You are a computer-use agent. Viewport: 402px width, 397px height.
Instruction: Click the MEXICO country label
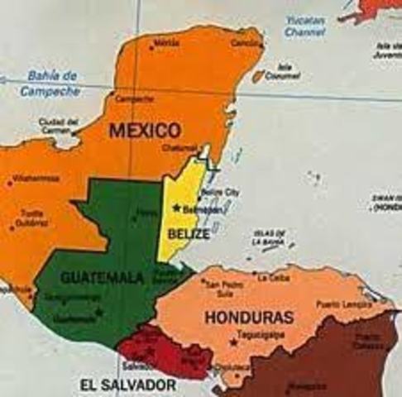144,131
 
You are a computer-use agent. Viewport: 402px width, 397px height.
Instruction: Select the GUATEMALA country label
102,278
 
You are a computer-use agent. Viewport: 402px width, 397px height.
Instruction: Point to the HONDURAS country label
261,317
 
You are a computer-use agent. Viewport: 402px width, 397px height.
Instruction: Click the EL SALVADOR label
127,385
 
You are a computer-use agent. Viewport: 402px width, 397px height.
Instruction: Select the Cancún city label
246,42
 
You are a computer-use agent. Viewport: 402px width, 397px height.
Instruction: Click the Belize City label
221,192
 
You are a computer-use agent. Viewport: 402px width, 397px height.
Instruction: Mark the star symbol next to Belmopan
176,208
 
